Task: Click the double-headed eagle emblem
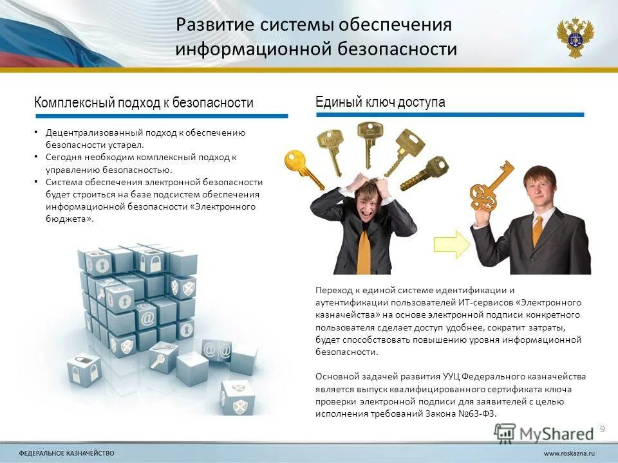(x=575, y=38)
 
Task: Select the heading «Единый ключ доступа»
(x=380, y=102)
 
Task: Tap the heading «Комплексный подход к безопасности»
(x=144, y=102)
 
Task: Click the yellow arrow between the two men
(x=453, y=244)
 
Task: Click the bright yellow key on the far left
(x=301, y=167)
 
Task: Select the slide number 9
(x=603, y=429)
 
